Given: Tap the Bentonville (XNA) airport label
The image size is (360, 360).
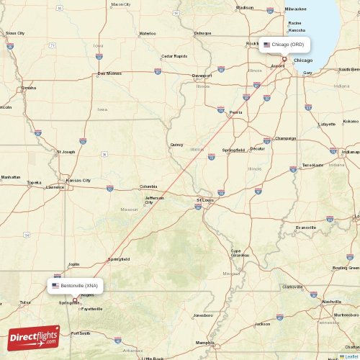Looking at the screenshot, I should [77, 286].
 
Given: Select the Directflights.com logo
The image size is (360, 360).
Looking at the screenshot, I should [34, 336].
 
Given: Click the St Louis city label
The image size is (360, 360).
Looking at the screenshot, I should [204, 200].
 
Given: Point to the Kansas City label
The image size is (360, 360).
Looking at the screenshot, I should [78, 180].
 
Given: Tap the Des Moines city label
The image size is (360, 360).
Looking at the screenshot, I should [109, 73].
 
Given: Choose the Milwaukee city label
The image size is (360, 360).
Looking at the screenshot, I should [295, 9].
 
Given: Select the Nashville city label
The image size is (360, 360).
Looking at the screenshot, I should [332, 302].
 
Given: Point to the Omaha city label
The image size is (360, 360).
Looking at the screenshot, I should [29, 88].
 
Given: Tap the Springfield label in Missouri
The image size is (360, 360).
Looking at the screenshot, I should [119, 258].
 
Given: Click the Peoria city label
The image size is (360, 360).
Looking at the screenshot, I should [235, 112].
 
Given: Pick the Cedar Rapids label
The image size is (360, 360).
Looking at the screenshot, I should [174, 55].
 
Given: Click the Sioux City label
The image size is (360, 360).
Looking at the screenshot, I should [15, 32].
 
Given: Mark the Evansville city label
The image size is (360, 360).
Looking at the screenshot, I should [305, 228].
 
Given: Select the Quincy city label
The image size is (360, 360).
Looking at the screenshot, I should [176, 144].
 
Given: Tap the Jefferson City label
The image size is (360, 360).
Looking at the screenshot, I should [154, 199].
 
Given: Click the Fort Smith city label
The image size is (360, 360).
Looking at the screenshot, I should [80, 333].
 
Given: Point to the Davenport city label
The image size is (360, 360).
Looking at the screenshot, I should [202, 75].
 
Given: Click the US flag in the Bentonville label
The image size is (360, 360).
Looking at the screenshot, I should [55, 286].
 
